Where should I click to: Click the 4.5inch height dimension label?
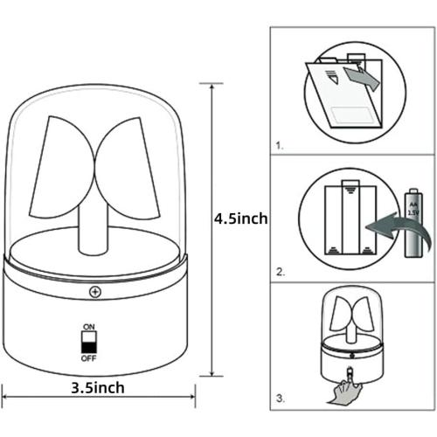pos(241,218)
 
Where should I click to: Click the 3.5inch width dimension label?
pos(98,388)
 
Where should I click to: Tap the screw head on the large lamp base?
pos(95,292)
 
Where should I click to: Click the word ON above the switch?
pos(89,327)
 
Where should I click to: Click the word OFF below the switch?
pos(88,358)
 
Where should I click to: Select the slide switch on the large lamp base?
pos(89,343)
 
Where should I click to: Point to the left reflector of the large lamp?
pos(62,168)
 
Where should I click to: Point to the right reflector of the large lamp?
pos(128,168)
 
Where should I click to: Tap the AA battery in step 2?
pos(413,223)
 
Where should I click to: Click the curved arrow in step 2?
pos(398,230)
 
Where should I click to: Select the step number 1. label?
pos(280,146)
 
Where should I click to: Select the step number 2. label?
pos(281,272)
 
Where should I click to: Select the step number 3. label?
pos(281,399)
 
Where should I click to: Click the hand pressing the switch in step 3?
pos(345,387)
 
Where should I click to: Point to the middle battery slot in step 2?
pos(350,217)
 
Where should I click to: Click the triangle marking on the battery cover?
pos(333,78)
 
